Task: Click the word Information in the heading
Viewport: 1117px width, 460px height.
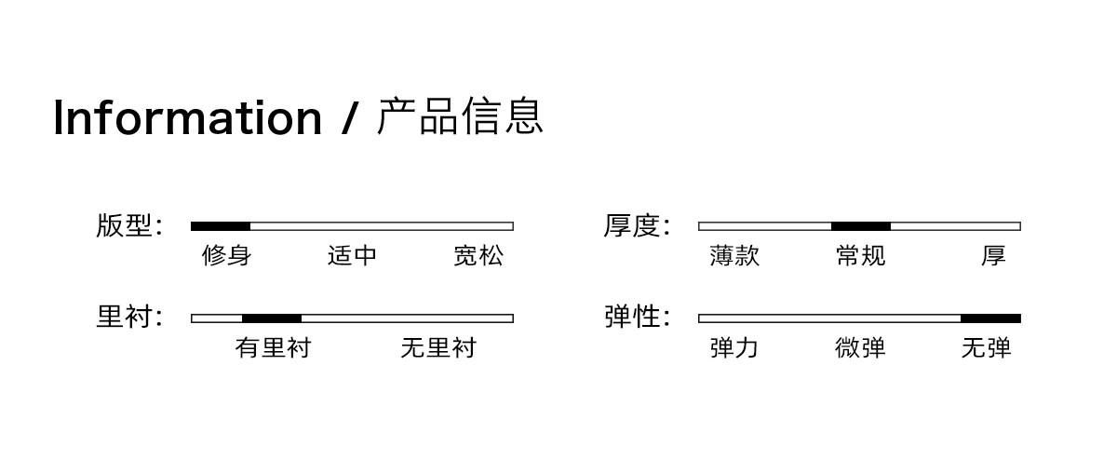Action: pyautogui.click(x=187, y=117)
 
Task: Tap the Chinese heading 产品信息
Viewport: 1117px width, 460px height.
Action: pyautogui.click(x=460, y=116)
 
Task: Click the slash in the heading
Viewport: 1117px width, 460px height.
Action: pyautogui.click(x=350, y=118)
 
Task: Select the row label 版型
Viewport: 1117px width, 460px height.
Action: pyautogui.click(x=124, y=225)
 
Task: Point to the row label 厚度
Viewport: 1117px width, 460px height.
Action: pyautogui.click(x=631, y=225)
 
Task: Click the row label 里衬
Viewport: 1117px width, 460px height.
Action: pyautogui.click(x=124, y=317)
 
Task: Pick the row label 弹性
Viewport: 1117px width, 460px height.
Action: pyautogui.click(x=631, y=317)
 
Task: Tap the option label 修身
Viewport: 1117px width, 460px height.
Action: pyautogui.click(x=226, y=255)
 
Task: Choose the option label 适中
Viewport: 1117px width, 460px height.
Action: pyautogui.click(x=352, y=255)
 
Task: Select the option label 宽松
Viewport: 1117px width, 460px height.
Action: pyautogui.click(x=478, y=255)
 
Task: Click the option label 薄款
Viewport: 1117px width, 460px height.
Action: pyautogui.click(x=734, y=255)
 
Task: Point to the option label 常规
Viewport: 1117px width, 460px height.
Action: pyautogui.click(x=861, y=255)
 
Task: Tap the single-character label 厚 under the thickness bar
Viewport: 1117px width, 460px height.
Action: pyautogui.click(x=993, y=255)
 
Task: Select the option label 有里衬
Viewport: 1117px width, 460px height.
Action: pyautogui.click(x=274, y=347)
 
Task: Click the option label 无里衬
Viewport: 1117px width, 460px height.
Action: pyautogui.click(x=438, y=347)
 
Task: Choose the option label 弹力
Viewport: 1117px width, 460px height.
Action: pyautogui.click(x=734, y=347)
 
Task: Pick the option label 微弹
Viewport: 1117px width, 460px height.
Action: pyautogui.click(x=861, y=347)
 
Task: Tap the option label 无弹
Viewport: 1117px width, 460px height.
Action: pyautogui.click(x=987, y=347)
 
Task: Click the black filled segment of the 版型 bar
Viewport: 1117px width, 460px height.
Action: pyautogui.click(x=221, y=226)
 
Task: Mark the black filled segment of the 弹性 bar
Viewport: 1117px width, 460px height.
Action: pyautogui.click(x=990, y=318)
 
